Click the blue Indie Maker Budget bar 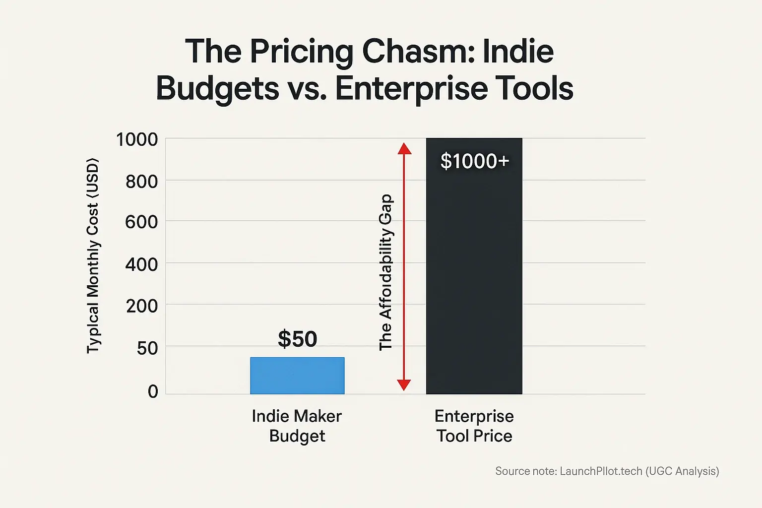tap(297, 376)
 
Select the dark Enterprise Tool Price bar tap(474, 278)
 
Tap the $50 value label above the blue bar tap(297, 339)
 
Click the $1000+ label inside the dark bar tap(475, 161)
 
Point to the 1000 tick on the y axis tap(137, 139)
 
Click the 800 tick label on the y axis tap(141, 182)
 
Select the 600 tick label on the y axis tap(141, 222)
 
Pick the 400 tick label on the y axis tap(141, 264)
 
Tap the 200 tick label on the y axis tap(141, 306)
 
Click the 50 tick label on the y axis tap(147, 348)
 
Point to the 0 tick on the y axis tap(153, 391)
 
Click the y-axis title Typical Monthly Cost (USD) tap(93, 256)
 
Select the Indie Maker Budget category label tap(297, 426)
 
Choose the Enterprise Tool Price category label tap(474, 426)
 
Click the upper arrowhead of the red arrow tap(404, 148)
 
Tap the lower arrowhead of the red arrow tap(404, 384)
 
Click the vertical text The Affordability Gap tap(385, 272)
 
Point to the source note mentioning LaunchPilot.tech tap(607, 471)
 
